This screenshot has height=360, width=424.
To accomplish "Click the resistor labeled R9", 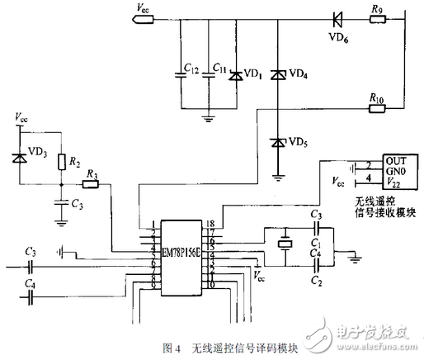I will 377,18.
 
